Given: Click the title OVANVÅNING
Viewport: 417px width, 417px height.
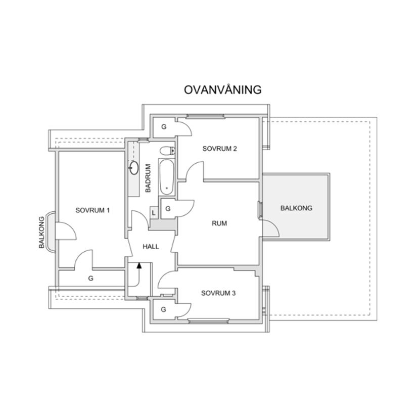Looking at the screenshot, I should [x=222, y=90].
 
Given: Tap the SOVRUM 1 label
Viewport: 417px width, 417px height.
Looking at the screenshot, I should [x=92, y=210].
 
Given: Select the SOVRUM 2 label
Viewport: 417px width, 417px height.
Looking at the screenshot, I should [x=220, y=149].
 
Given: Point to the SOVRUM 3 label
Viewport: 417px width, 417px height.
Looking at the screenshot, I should [x=218, y=293].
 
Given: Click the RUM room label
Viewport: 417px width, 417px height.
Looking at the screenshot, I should [x=219, y=223].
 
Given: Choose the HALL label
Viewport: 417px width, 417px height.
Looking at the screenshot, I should [x=151, y=247].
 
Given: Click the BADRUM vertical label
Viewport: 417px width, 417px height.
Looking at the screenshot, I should [x=148, y=178].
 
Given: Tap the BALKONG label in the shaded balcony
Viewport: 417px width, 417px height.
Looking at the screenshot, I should [x=296, y=208].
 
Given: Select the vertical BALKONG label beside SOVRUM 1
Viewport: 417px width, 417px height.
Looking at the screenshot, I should [x=41, y=233].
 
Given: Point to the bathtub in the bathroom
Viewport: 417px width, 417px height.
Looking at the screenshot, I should [x=166, y=177].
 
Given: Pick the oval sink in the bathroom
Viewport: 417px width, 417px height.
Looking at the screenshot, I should [x=134, y=168].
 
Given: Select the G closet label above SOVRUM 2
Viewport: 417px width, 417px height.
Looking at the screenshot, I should [x=163, y=127].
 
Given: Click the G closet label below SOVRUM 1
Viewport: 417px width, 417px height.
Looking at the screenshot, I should [x=91, y=278].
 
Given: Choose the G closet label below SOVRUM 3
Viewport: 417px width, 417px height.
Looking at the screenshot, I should [x=163, y=309].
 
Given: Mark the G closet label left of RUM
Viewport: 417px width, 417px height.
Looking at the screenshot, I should [x=167, y=208].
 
